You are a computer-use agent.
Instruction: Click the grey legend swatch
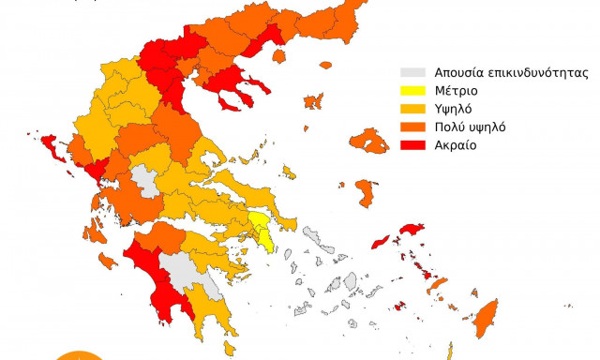[x=410, y=72]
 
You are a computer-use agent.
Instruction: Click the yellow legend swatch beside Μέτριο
[x=410, y=91]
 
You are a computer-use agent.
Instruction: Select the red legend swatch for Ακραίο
[x=410, y=145]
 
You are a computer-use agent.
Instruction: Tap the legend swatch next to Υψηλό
[x=410, y=109]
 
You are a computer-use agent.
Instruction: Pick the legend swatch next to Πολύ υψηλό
[x=410, y=127]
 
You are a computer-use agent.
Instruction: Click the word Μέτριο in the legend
[x=456, y=91]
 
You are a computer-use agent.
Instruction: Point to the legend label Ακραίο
[x=457, y=145]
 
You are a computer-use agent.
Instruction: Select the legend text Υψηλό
[x=454, y=109]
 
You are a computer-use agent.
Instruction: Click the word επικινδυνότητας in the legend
[x=531, y=72]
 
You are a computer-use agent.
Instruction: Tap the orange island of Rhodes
[x=487, y=314]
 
